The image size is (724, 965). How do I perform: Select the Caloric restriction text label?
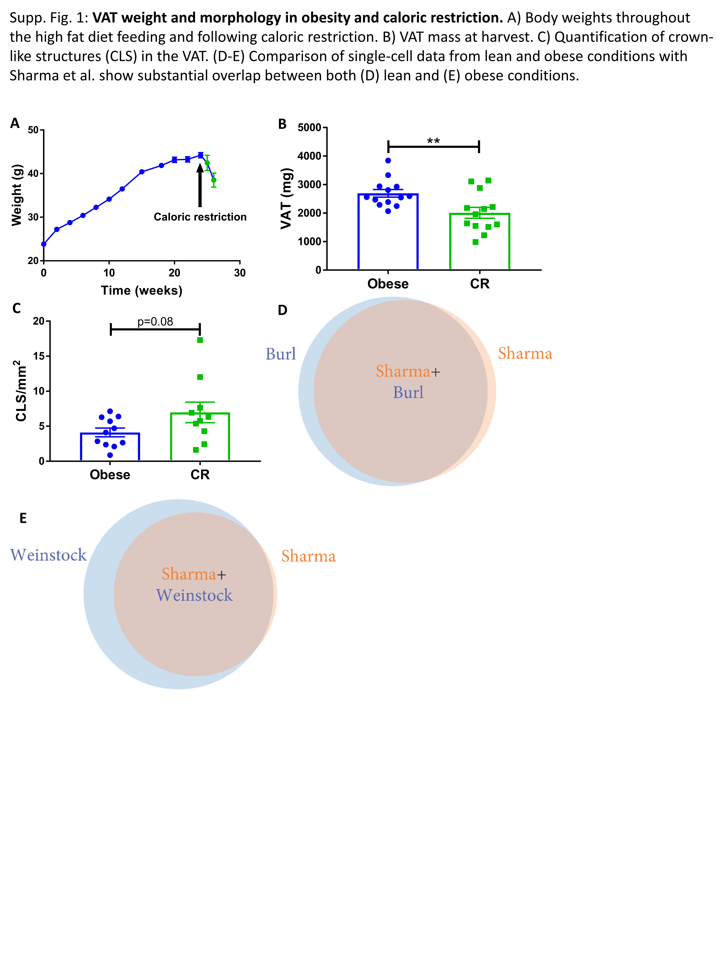click(x=200, y=217)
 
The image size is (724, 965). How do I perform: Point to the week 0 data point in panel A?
click(x=44, y=244)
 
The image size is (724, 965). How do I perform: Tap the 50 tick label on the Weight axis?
click(x=33, y=130)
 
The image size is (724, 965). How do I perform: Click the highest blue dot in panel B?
click(x=388, y=161)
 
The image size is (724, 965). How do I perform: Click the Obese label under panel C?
click(x=110, y=475)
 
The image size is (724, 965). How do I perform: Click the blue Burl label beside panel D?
click(x=281, y=354)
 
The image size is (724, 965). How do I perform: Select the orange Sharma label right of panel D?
click(x=525, y=353)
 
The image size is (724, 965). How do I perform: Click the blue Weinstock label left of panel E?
click(x=48, y=555)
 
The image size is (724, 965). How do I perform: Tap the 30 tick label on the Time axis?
click(x=240, y=273)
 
